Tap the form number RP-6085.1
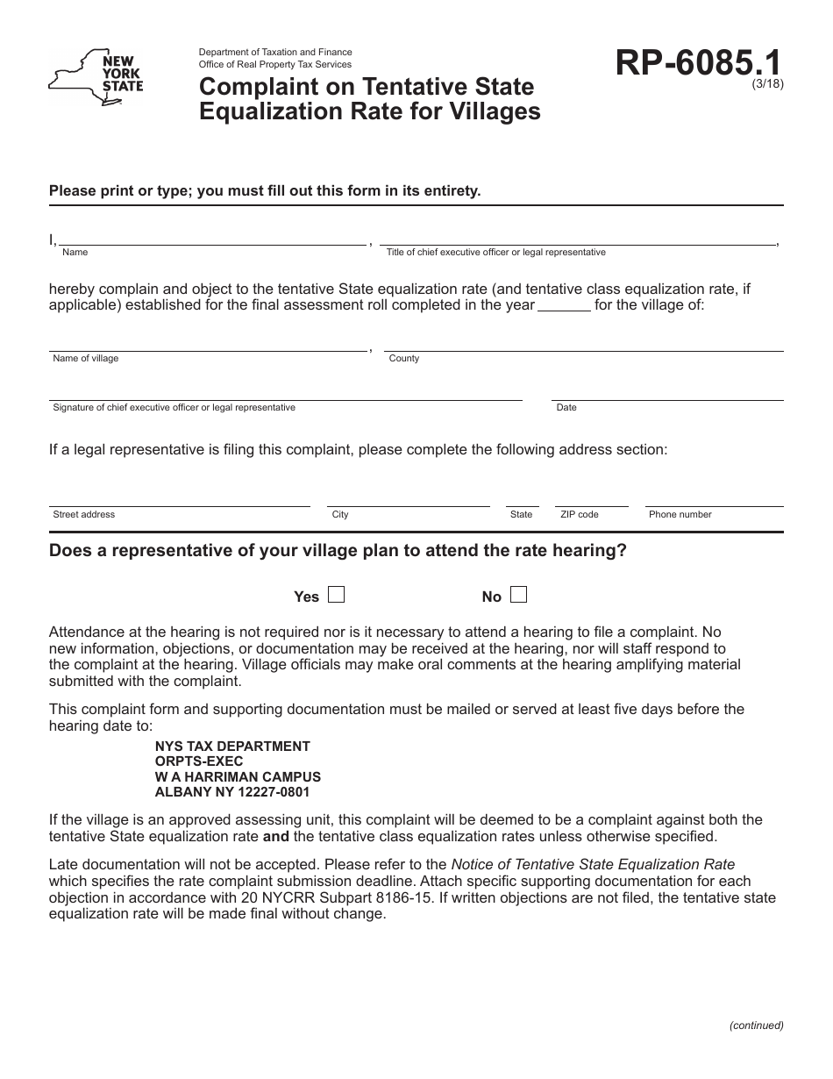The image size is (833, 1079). click(x=699, y=64)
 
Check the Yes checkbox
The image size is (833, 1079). click(x=336, y=595)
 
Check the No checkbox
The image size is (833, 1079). click(x=518, y=595)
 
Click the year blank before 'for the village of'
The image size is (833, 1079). click(x=563, y=306)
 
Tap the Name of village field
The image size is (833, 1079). click(x=208, y=345)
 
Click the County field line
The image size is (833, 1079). click(x=583, y=345)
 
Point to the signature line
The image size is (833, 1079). click(x=285, y=394)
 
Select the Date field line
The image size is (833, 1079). click(x=667, y=394)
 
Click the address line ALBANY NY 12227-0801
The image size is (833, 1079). click(x=231, y=791)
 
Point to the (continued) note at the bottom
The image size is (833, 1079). click(x=756, y=1025)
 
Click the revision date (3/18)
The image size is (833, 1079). click(x=767, y=84)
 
